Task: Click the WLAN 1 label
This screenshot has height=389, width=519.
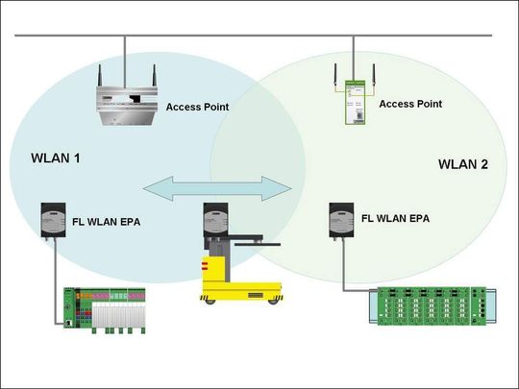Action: [x=56, y=158]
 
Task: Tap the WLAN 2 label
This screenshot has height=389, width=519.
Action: [x=463, y=164]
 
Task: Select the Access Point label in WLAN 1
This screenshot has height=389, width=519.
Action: [x=197, y=107]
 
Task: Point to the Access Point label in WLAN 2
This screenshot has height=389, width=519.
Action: [x=410, y=104]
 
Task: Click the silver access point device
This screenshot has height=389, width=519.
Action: [x=127, y=106]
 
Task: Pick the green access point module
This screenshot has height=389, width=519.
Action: [x=356, y=102]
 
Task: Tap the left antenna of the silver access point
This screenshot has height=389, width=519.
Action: [x=100, y=76]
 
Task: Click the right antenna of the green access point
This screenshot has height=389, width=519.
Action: [x=374, y=76]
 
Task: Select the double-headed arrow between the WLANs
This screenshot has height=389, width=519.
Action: [x=217, y=188]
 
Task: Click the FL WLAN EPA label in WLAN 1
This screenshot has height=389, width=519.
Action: [x=107, y=222]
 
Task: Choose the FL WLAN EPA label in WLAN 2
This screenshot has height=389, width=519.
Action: [x=396, y=218]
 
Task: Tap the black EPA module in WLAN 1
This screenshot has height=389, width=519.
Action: [x=53, y=220]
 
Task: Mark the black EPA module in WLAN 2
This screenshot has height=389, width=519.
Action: [x=341, y=220]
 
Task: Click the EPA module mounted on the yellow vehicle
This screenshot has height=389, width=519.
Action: [x=216, y=220]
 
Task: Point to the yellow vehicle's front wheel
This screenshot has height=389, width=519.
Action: [x=273, y=302]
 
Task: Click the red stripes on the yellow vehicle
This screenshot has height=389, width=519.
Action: [x=205, y=266]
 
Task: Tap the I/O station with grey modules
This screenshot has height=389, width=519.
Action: [x=105, y=310]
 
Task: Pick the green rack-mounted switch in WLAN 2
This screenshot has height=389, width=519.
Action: [x=432, y=306]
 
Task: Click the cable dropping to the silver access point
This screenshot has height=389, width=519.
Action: [x=125, y=61]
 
